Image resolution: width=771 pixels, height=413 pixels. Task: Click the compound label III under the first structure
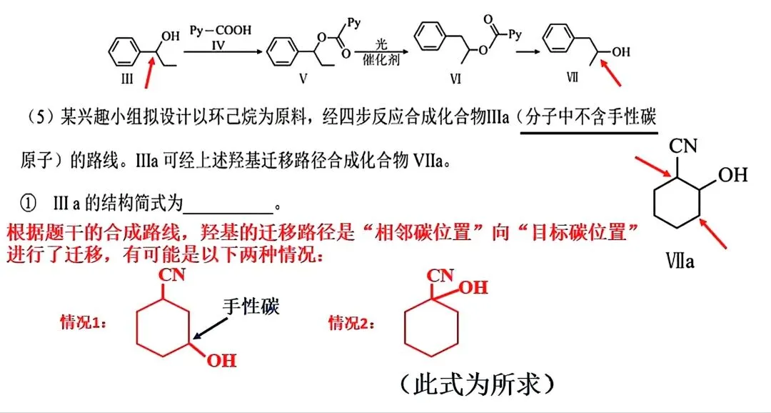click(127, 79)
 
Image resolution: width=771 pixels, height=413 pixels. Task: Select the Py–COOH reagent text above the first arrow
click(221, 31)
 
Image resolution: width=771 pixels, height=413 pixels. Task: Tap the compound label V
click(303, 79)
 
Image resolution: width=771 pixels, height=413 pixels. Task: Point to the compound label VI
click(455, 79)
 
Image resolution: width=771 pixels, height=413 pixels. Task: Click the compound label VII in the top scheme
click(573, 77)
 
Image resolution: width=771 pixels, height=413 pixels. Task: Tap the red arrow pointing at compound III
click(151, 72)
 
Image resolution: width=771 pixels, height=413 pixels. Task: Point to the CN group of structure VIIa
click(682, 146)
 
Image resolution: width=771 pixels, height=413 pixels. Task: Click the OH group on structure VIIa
click(732, 175)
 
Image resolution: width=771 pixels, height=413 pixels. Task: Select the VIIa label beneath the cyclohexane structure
click(680, 260)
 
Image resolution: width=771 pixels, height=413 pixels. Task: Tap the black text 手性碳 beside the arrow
click(251, 307)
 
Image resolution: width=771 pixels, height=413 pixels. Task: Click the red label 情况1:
click(84, 323)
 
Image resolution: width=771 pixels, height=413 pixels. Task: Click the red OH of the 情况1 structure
click(221, 361)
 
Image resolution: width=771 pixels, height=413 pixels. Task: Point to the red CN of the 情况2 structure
click(440, 276)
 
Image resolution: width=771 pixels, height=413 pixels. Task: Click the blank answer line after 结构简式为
click(228, 213)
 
